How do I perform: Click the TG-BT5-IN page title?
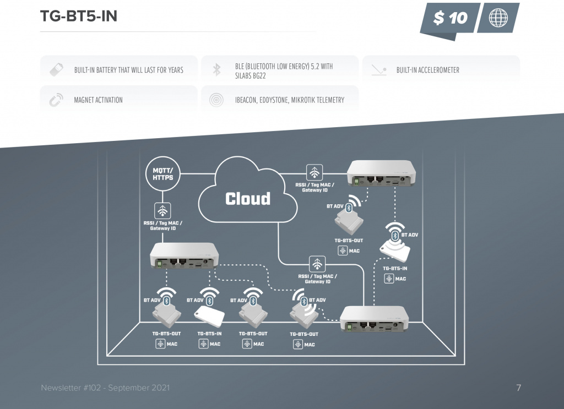pos(79,17)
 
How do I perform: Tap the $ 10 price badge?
pos(450,18)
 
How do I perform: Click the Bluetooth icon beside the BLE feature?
pos(217,69)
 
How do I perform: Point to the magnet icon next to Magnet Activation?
pos(56,100)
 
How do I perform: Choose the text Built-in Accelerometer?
pos(427,70)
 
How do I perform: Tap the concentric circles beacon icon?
pos(217,100)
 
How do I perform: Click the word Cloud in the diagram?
pos(248,199)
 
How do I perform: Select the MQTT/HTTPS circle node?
pos(162,174)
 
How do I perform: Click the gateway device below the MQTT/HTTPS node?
pos(185,256)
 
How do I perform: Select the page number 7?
pos(518,388)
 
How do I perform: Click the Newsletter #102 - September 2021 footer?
pos(105,388)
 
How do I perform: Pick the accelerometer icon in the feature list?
pos(378,70)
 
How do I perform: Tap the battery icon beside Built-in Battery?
pos(56,69)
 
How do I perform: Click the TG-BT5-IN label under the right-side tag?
pos(395,269)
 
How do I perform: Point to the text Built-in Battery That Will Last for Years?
pos(129,70)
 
